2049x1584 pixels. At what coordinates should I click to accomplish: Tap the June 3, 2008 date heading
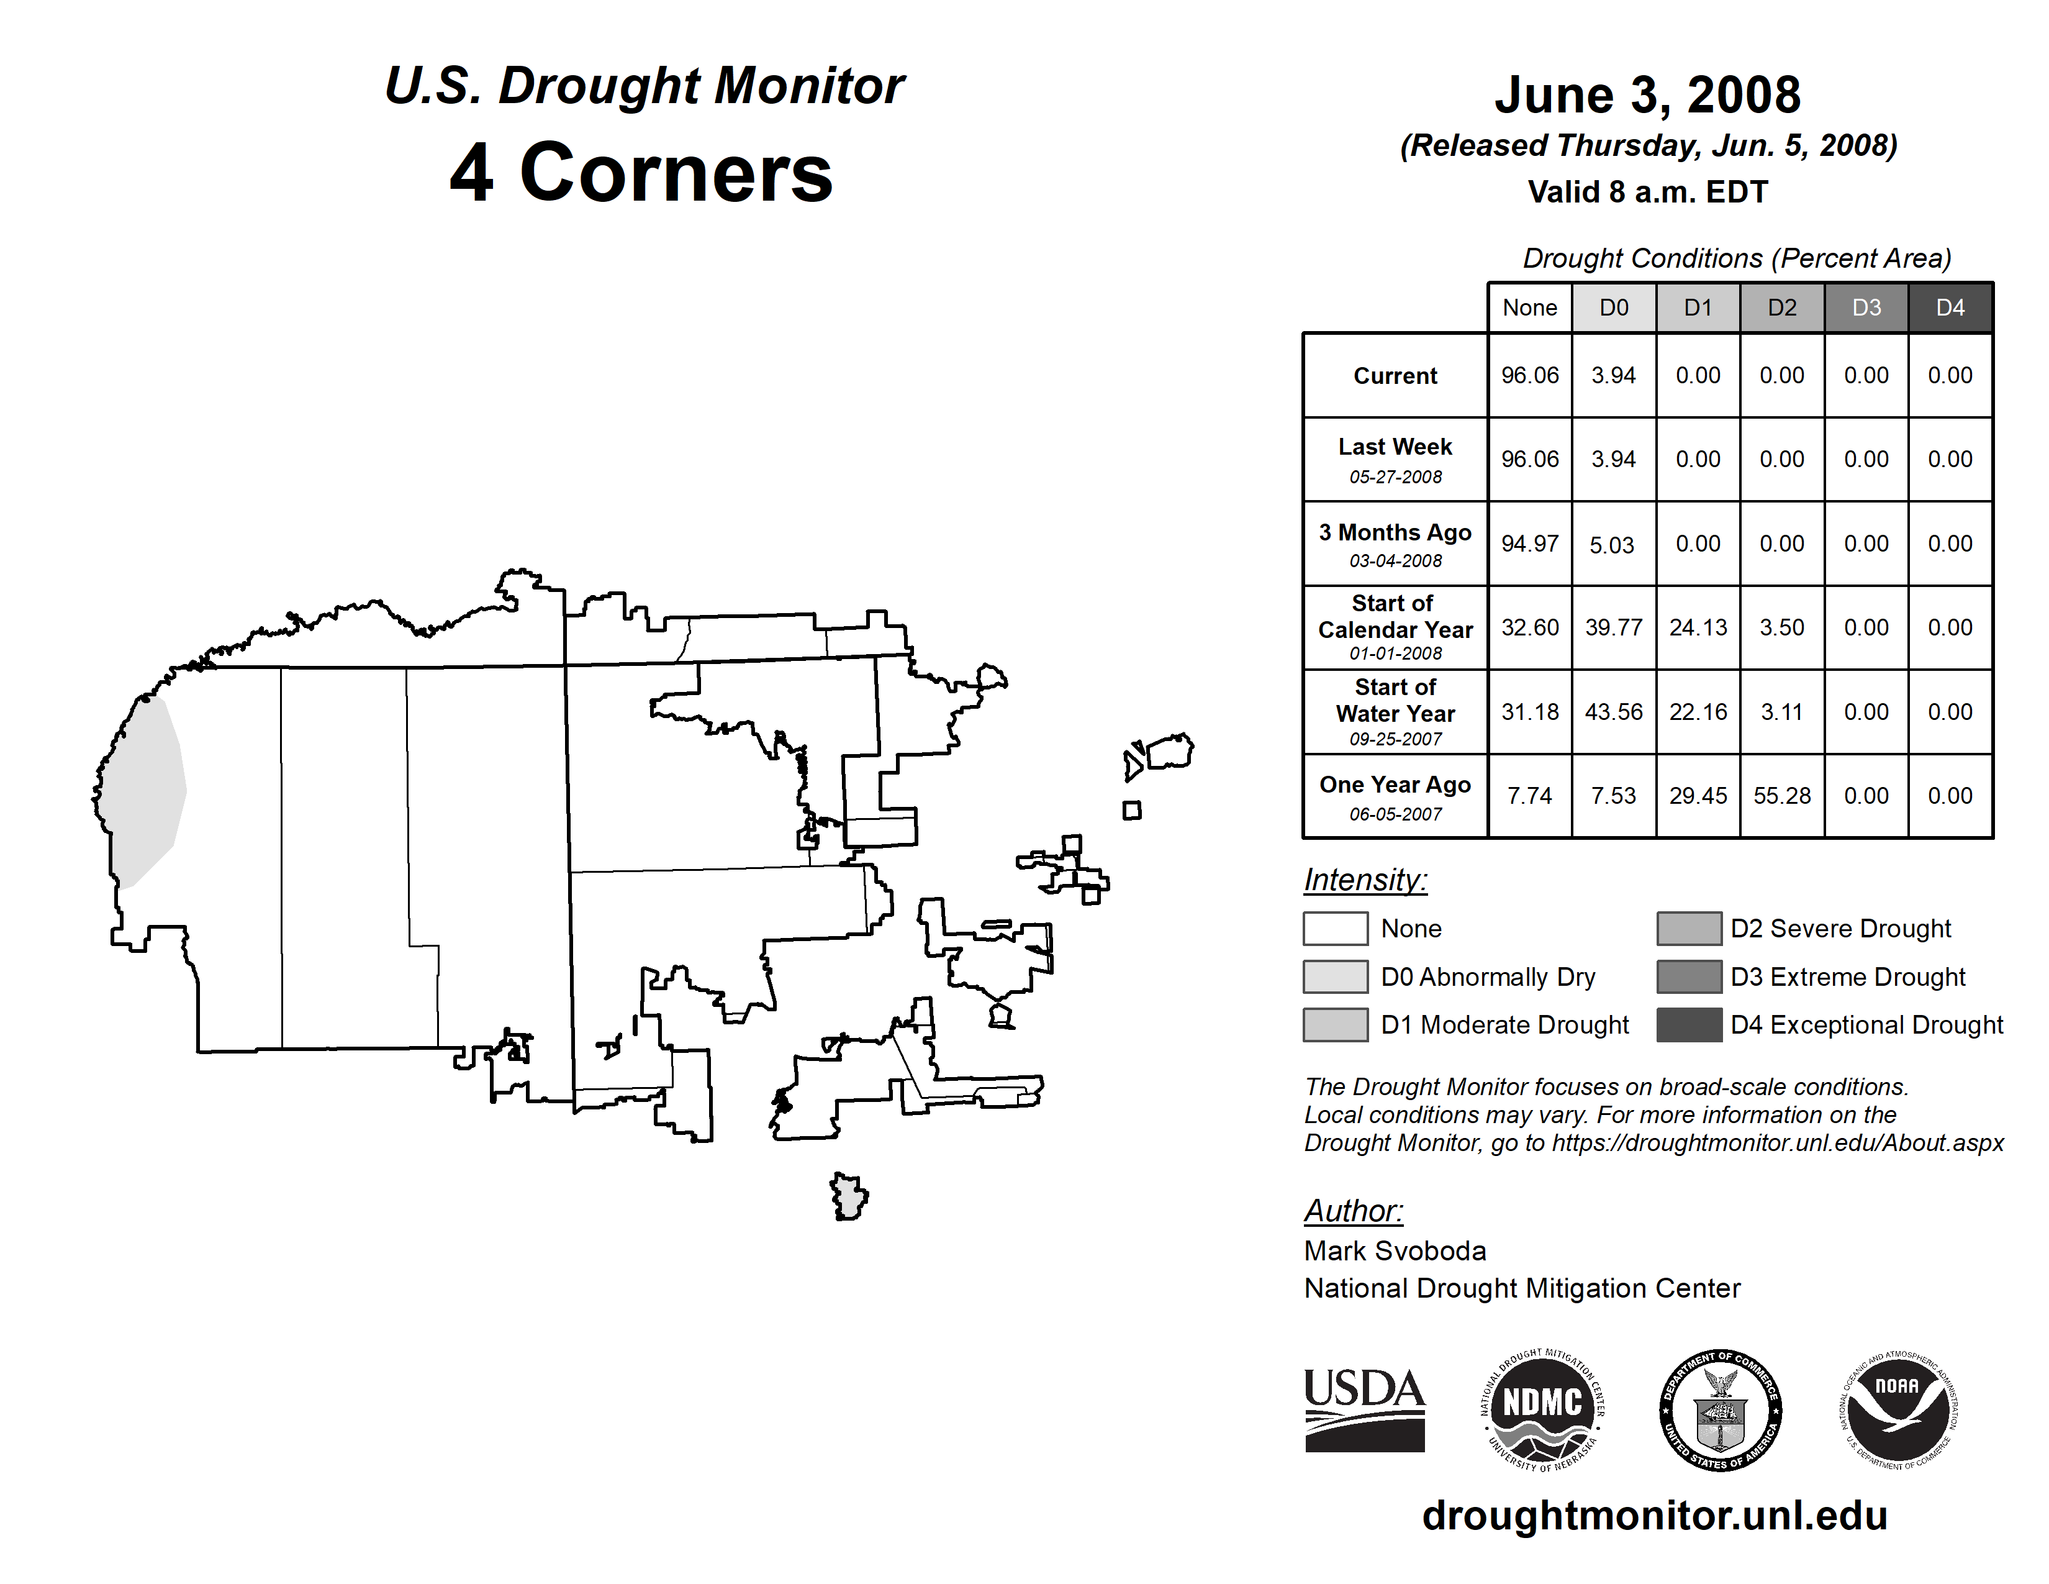pos(1647,96)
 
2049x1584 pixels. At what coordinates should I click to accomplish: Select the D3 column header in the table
pos(1866,307)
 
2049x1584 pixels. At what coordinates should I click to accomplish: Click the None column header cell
pos(1529,307)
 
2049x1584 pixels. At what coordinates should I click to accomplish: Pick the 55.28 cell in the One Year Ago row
pos(1781,796)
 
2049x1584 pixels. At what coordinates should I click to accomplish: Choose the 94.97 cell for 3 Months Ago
pos(1529,544)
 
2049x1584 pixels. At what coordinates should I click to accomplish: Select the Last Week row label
pos(1395,459)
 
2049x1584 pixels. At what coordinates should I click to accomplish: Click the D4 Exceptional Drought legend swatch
pos(1689,1025)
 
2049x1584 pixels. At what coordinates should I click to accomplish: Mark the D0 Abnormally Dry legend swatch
pos(1335,977)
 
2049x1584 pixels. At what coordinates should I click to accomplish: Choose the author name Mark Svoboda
pos(1395,1251)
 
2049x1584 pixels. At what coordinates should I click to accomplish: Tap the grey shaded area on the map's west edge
pos(145,788)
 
